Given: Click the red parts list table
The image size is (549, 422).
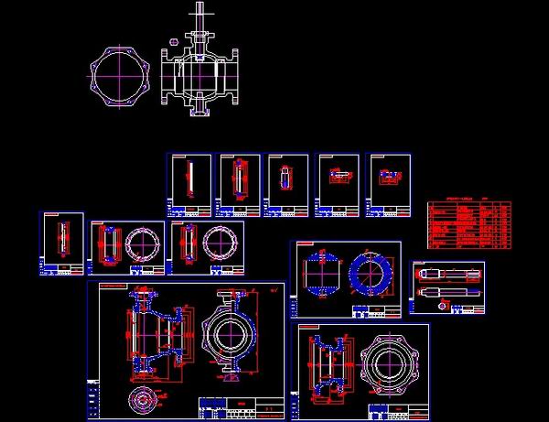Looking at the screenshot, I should click(x=470, y=225).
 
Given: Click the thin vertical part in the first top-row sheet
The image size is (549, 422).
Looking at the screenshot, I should click(x=188, y=179).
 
